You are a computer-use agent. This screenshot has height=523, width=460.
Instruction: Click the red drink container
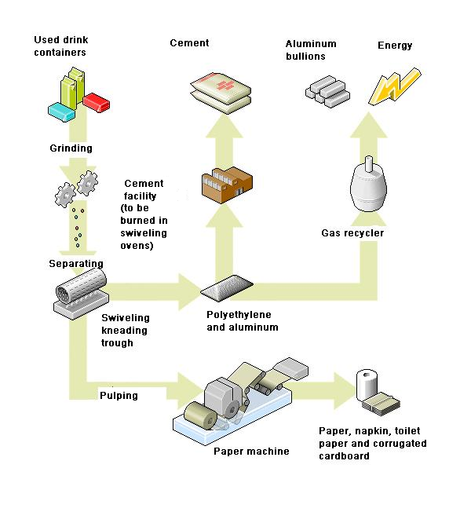[97, 102]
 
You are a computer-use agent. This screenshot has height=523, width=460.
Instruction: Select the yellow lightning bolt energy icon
[395, 86]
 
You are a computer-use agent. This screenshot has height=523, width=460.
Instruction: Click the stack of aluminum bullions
[327, 91]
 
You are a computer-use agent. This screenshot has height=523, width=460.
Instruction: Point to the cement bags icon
[221, 93]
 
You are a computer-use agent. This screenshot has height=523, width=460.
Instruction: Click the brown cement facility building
[227, 185]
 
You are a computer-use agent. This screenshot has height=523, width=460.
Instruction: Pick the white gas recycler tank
[368, 184]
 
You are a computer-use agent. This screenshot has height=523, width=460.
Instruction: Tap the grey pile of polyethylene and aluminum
[227, 287]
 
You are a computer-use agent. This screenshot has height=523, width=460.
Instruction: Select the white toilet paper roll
[367, 385]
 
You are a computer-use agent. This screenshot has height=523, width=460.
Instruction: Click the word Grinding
[71, 148]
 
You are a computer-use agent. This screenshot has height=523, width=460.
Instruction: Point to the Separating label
[76, 264]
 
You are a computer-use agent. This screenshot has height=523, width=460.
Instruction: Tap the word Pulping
[119, 396]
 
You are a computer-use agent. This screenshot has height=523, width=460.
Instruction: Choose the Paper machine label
[251, 452]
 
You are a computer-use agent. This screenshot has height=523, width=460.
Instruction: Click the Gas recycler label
[352, 232]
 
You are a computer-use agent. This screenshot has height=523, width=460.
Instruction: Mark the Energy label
[395, 46]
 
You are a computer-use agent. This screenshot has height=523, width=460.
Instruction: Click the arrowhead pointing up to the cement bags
[225, 126]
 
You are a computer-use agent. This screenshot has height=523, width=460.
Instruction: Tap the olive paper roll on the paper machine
[200, 415]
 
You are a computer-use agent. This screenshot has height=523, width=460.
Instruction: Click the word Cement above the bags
[189, 43]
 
